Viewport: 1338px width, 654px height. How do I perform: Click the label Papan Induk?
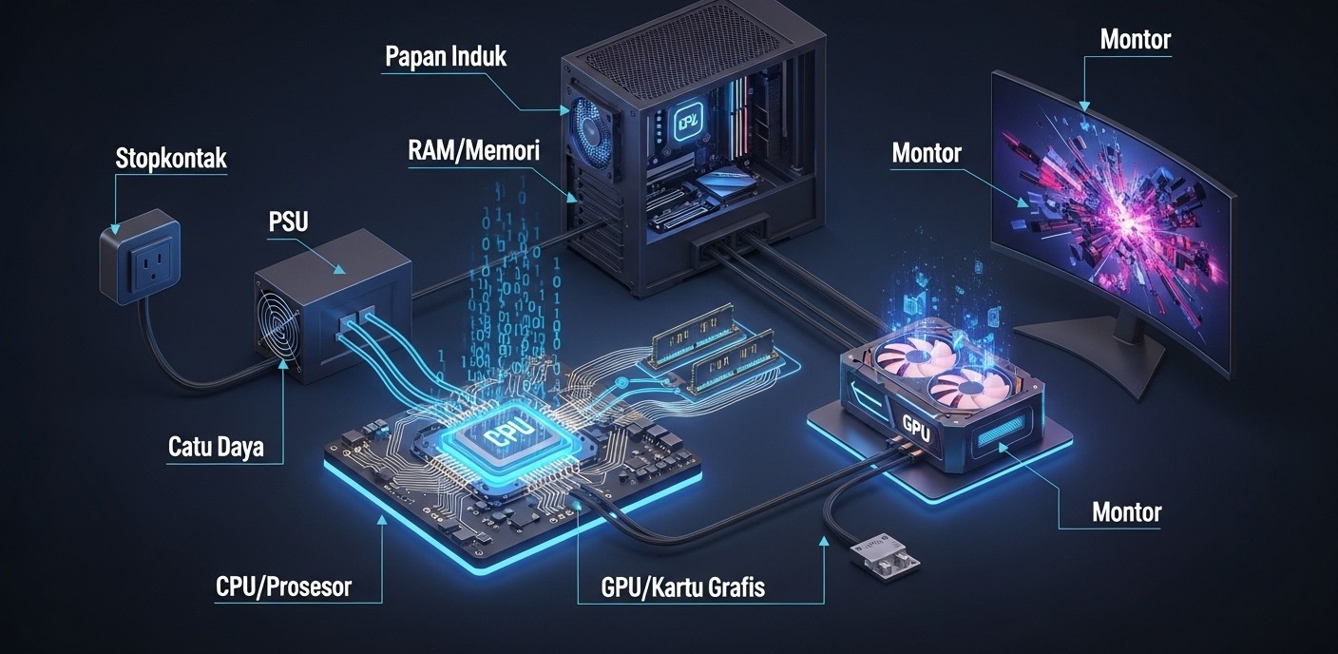[445, 56]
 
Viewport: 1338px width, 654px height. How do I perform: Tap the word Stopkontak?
[171, 158]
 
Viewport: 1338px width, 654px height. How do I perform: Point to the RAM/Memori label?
[473, 149]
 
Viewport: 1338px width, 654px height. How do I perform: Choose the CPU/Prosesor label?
[283, 587]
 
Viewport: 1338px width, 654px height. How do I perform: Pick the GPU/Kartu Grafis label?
[682, 587]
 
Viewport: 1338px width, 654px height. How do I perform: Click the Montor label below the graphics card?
[1126, 512]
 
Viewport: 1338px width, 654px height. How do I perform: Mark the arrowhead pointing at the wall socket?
[115, 228]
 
